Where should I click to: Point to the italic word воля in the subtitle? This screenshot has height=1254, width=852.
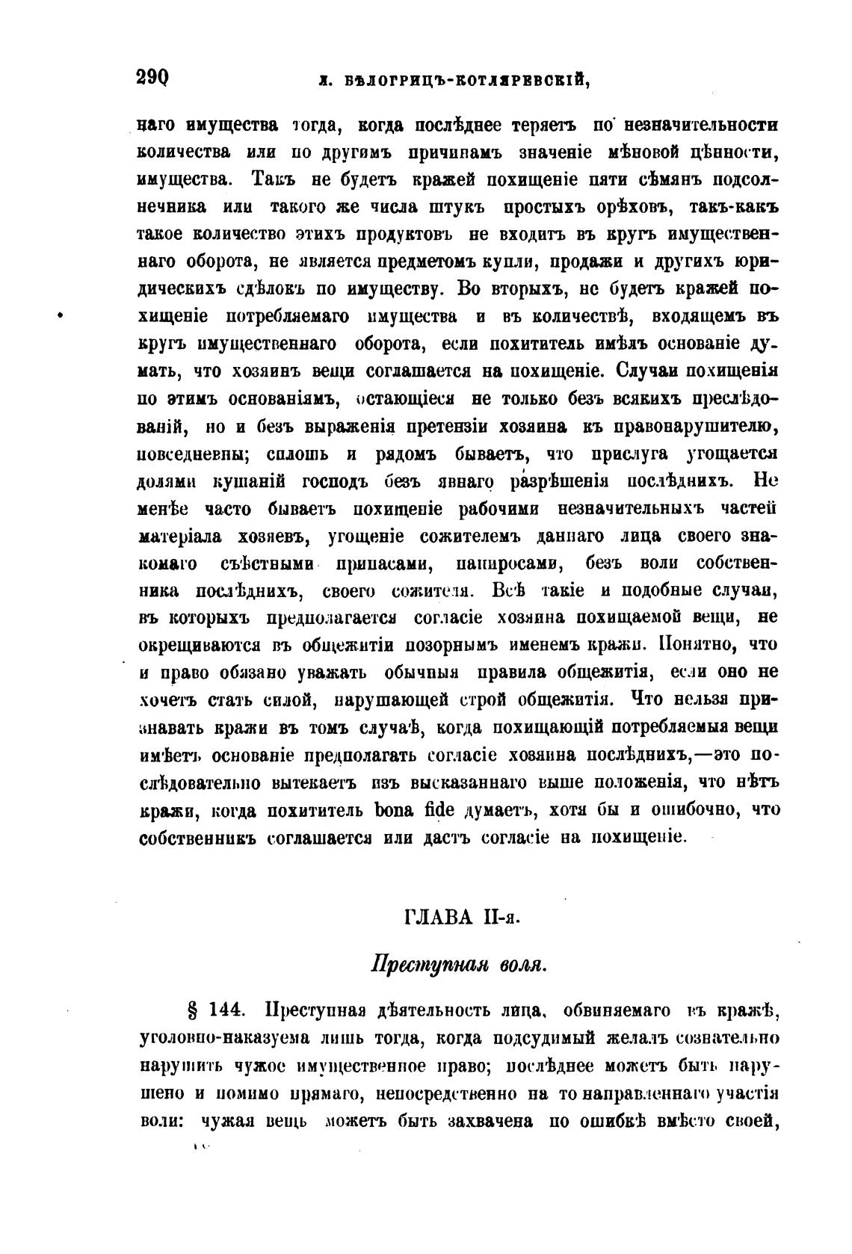click(522, 964)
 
